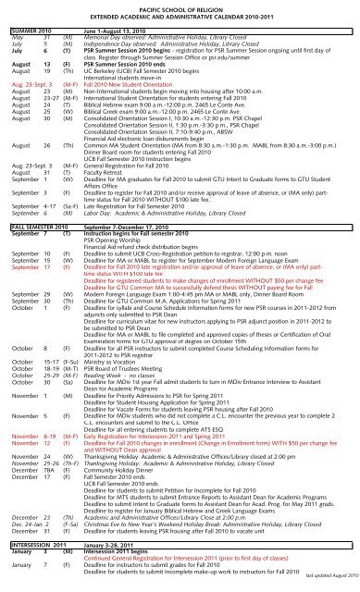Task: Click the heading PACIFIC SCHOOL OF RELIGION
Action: tap(180, 6)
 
